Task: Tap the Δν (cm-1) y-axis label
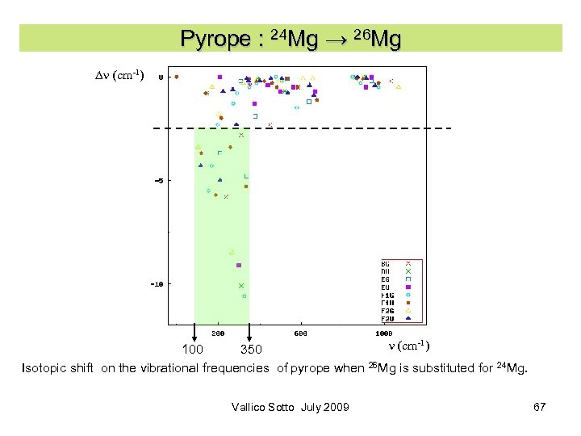point(119,75)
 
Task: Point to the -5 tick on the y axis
point(159,181)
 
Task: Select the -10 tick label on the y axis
point(157,284)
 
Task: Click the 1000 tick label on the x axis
point(383,333)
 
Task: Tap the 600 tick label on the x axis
point(300,333)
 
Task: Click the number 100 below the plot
point(193,350)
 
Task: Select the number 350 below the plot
point(252,350)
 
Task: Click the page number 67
point(540,407)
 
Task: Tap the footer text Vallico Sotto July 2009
point(290,407)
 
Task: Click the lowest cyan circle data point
point(245,296)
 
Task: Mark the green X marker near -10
point(241,286)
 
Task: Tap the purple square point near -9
point(239,265)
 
